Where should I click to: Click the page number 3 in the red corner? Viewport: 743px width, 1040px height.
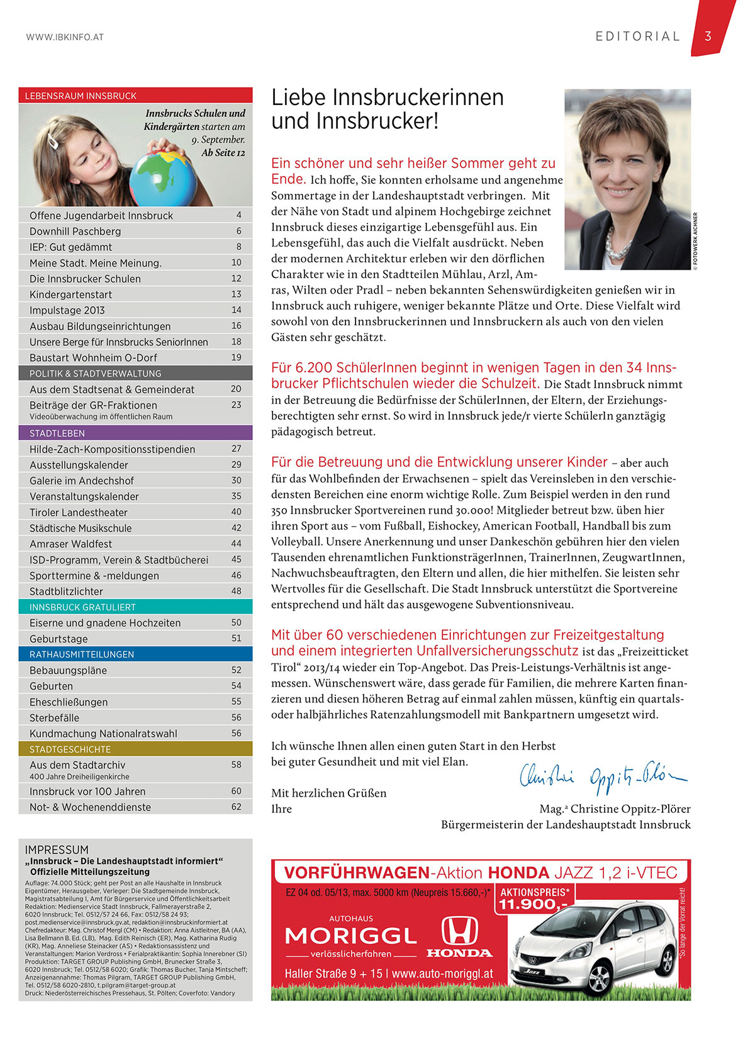click(x=708, y=36)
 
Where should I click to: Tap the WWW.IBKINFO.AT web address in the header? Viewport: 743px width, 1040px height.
click(x=65, y=37)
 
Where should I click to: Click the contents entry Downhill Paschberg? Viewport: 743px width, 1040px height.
click(x=75, y=231)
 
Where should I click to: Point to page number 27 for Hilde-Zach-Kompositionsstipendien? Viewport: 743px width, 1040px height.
click(x=237, y=449)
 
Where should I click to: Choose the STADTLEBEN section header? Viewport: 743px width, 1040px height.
click(x=57, y=433)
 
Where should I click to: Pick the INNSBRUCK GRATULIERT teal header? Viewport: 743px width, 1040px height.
click(x=82, y=607)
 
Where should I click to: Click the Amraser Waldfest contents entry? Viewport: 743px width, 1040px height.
click(x=70, y=544)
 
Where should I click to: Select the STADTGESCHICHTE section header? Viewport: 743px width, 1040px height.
click(x=70, y=750)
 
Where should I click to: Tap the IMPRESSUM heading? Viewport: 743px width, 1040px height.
click(x=57, y=849)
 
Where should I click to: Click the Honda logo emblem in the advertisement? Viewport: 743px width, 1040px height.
click(x=459, y=931)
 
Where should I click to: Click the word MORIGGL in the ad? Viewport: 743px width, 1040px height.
click(x=351, y=936)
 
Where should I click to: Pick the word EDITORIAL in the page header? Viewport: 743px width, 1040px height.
click(x=637, y=36)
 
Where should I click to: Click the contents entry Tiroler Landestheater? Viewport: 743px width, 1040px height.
click(x=79, y=512)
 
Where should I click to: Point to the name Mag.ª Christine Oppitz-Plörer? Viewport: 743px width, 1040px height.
click(x=615, y=809)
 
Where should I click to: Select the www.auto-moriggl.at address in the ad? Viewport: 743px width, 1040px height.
click(x=442, y=974)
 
